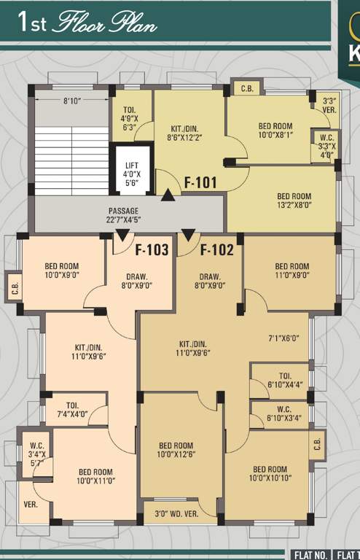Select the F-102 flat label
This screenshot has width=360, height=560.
(217, 251)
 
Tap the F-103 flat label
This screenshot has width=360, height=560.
(152, 251)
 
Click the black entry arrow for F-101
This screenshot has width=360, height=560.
(168, 195)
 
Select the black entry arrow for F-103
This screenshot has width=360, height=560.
(122, 235)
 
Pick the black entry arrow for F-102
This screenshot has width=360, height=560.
(188, 235)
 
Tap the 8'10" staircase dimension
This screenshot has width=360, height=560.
(71, 101)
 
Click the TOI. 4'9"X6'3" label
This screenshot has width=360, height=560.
(129, 120)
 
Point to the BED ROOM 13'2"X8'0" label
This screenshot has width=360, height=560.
(294, 201)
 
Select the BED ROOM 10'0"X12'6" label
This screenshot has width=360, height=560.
(176, 450)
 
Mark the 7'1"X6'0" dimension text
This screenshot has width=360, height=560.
(284, 339)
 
